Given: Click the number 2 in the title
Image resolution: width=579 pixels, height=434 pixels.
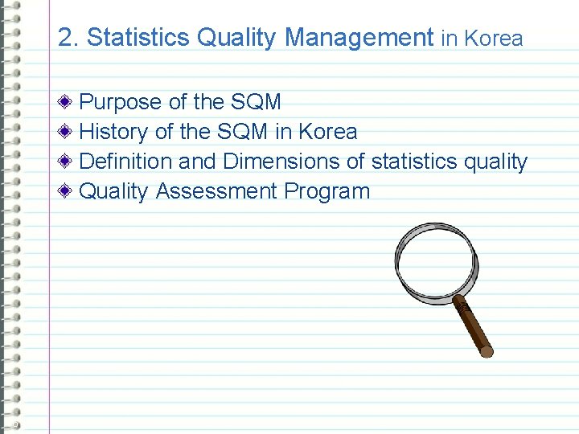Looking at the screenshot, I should point(64,38).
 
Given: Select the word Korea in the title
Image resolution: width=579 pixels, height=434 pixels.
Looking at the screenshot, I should point(494,39).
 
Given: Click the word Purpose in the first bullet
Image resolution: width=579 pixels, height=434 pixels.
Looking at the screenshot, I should point(121,102).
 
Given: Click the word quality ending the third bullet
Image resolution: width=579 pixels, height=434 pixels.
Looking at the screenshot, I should point(495,162).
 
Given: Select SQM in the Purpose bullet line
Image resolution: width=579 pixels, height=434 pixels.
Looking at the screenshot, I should point(256,102).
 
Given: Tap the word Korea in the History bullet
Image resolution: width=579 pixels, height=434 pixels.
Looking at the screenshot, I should point(327,132).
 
